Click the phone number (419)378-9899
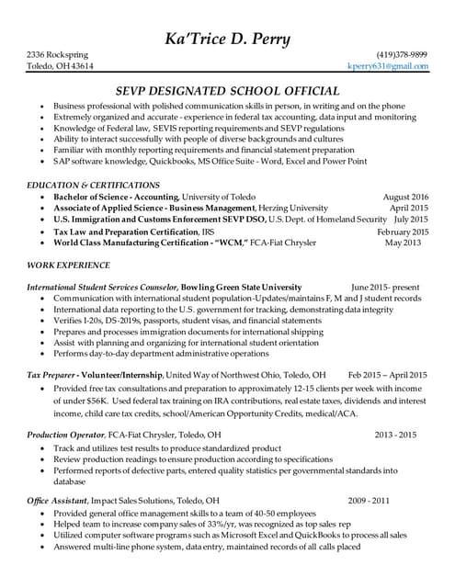tap(402, 54)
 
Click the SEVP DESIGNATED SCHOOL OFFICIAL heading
tap(227, 91)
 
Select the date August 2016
tap(405, 197)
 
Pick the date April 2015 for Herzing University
tap(408, 209)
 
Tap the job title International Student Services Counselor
tap(102, 287)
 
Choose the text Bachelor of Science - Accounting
tap(116, 197)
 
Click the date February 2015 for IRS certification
tap(403, 232)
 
